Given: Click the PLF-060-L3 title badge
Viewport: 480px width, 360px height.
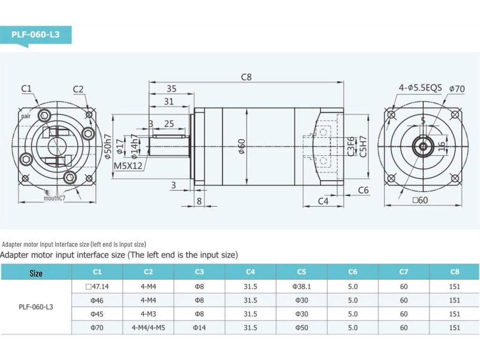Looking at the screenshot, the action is tap(36, 35).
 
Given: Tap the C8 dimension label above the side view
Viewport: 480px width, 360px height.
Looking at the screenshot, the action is tap(246, 77).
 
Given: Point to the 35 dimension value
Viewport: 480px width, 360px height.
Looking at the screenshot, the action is tap(172, 89).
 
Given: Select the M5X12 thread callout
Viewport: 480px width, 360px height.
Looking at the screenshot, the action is tap(128, 165).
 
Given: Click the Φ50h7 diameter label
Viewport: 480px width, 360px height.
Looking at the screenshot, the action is tap(108, 147).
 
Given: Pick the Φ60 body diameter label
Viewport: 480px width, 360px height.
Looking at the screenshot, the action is tap(241, 147).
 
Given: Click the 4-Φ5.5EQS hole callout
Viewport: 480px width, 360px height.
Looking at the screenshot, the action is tap(420, 88).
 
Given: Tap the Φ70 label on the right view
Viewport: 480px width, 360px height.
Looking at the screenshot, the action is tap(457, 89).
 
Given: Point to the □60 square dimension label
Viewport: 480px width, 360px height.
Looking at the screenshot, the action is tap(420, 200).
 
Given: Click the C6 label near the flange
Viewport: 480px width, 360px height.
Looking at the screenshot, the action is tap(363, 190).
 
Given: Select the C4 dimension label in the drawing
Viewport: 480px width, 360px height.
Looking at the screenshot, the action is tap(323, 201).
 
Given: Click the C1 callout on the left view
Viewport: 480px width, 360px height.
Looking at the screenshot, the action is tap(26, 89).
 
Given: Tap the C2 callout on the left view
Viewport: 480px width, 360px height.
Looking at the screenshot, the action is tap(78, 89).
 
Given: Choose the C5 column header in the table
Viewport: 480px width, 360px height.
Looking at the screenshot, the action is tap(301, 272).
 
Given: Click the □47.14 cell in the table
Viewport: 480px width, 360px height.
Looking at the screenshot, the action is tap(97, 286).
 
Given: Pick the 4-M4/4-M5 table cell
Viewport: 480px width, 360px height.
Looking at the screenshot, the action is tap(148, 328).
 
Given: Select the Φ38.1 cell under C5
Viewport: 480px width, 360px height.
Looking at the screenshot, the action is tap(301, 286).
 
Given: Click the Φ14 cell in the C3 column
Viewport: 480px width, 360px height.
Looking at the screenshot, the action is tap(199, 328).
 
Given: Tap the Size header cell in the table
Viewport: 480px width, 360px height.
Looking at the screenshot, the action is tap(36, 273).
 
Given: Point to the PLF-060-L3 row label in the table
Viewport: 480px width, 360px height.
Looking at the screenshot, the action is tap(36, 307).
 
